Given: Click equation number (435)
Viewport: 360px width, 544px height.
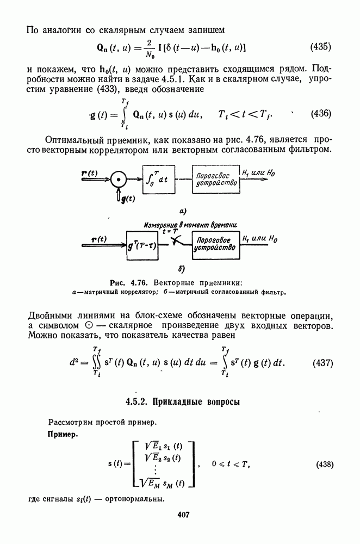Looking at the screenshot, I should click(320, 47).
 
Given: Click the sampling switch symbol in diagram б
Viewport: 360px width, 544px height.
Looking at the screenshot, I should click(175, 240).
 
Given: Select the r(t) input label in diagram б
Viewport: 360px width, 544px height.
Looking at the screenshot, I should click(101, 238).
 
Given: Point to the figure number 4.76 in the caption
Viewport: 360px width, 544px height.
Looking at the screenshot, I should click(140, 282).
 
